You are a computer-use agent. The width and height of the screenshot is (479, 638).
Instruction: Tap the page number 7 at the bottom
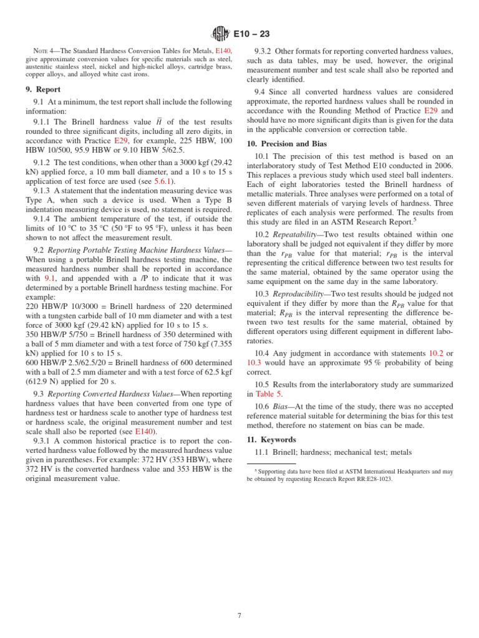click(239, 617)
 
